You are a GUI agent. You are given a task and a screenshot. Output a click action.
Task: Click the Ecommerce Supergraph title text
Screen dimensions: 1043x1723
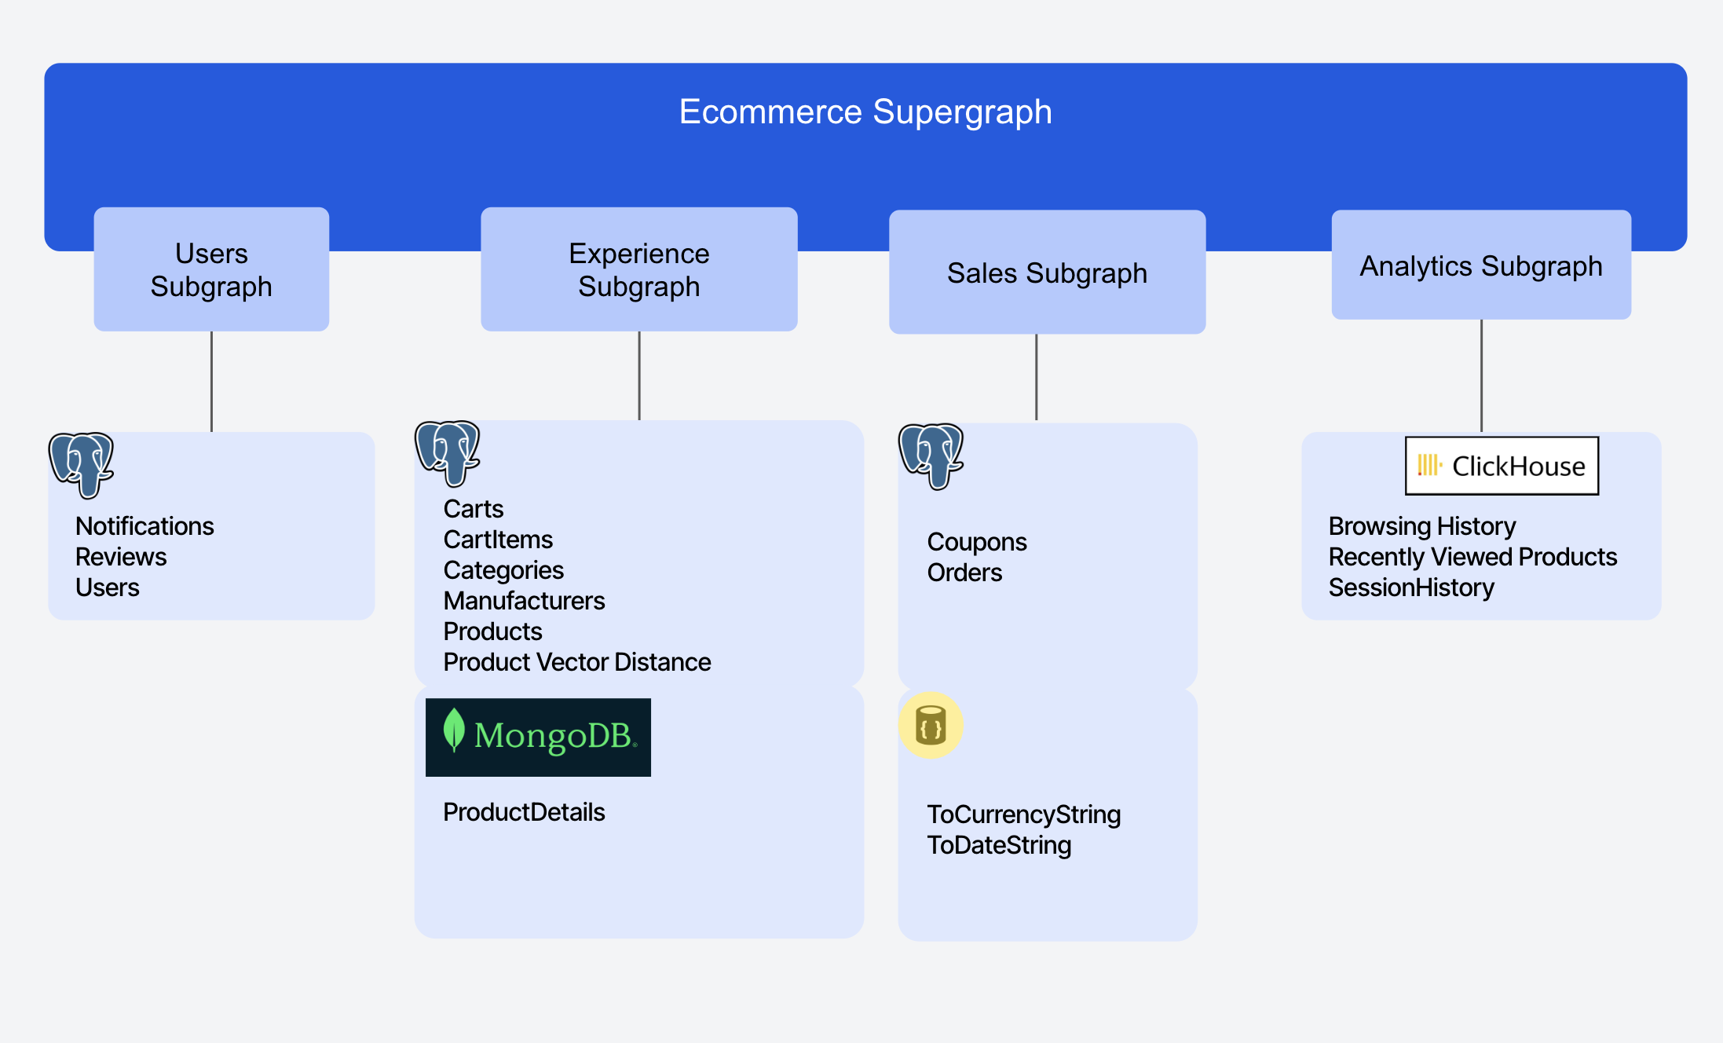[865, 112]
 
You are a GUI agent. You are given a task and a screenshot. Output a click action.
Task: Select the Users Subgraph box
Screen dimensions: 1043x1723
[211, 269]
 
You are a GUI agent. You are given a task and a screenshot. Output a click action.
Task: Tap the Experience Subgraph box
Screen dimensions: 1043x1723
[638, 269]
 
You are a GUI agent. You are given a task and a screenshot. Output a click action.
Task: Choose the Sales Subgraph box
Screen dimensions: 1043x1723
[1047, 273]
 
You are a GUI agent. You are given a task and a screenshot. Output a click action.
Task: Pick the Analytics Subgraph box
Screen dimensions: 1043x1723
[1481, 265]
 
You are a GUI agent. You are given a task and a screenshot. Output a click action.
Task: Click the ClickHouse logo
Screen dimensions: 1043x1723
[1502, 466]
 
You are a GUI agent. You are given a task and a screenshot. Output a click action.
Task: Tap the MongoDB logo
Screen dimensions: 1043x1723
[538, 737]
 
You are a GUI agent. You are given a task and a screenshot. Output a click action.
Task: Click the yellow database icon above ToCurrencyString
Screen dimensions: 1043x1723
[931, 725]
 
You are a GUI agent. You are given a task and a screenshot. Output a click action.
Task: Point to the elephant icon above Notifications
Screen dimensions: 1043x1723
[82, 464]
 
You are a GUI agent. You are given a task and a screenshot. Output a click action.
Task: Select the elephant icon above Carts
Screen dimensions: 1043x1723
[448, 452]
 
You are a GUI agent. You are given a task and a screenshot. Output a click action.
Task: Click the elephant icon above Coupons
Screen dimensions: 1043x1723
[931, 456]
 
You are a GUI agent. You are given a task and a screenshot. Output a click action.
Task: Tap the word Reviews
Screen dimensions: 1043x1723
[121, 557]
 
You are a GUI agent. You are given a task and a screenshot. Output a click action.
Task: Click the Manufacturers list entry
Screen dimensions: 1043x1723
[524, 601]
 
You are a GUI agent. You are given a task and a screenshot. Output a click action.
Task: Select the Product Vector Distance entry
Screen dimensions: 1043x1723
[576, 662]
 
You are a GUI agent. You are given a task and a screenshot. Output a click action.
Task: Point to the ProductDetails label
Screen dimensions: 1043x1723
[524, 812]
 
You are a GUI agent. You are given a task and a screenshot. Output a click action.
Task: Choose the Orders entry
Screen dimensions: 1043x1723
[964, 573]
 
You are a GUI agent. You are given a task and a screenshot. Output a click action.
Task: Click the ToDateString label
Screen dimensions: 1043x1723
[999, 845]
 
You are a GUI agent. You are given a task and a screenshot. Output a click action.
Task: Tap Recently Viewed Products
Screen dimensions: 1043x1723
[1472, 557]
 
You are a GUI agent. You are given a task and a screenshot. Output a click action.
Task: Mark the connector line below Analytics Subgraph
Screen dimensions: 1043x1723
[1481, 375]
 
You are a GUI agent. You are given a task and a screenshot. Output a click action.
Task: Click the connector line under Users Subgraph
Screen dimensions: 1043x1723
[211, 381]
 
